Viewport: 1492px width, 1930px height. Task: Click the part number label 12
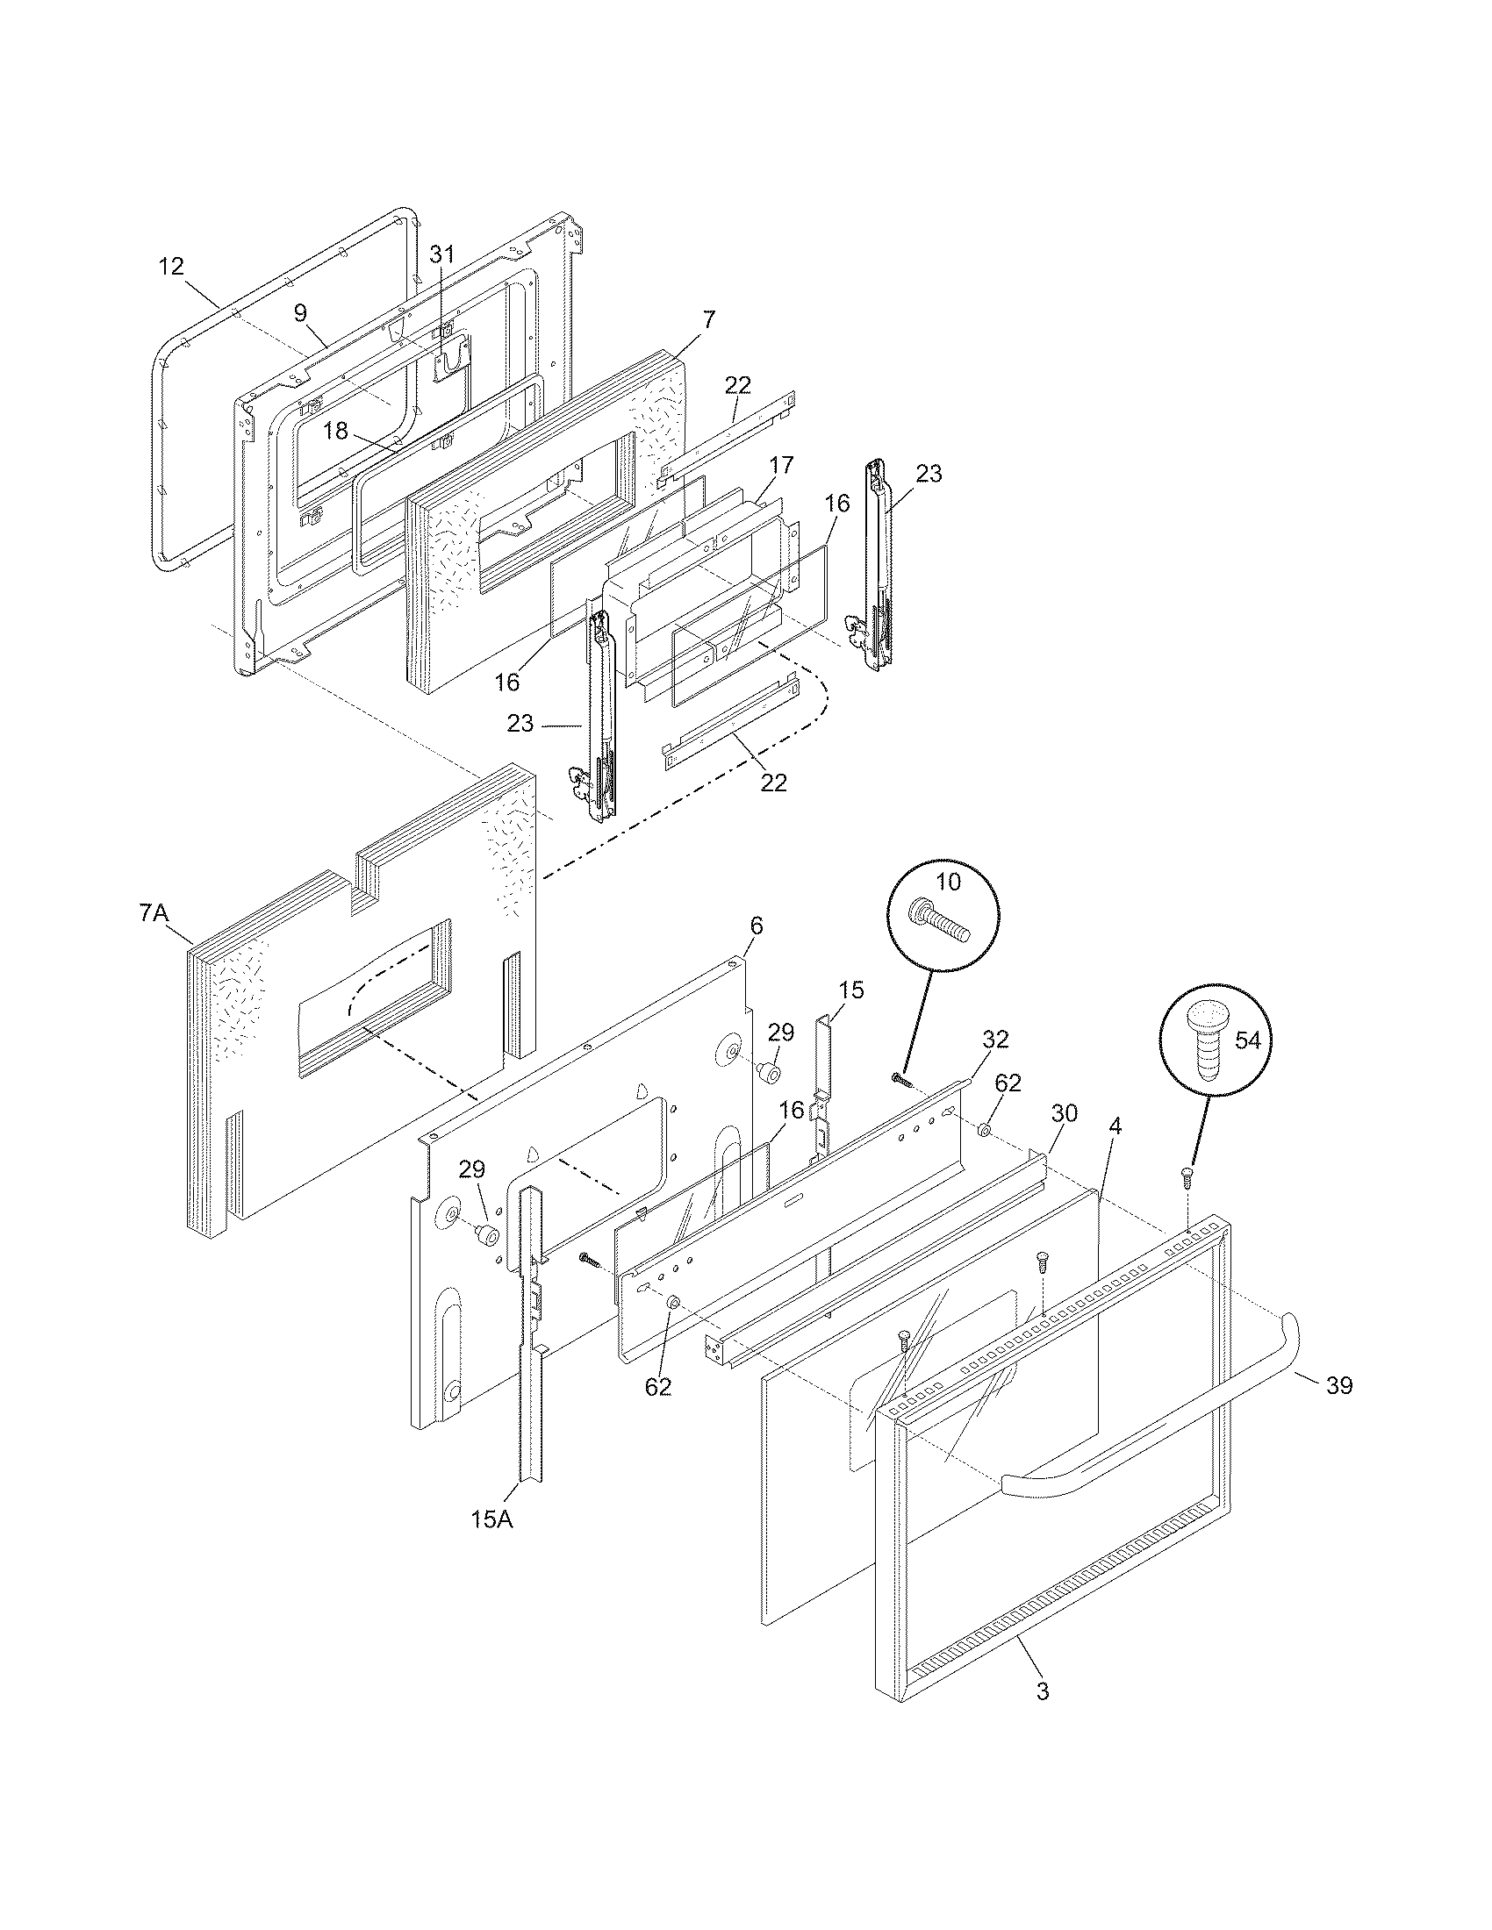tap(171, 265)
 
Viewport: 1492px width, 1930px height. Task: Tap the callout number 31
tap(441, 254)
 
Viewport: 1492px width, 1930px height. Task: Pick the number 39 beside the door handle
tap(1339, 1385)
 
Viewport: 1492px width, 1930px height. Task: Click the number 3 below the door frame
tap(1043, 1691)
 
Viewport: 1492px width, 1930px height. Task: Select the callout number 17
tap(781, 465)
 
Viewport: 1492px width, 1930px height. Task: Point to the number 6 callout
tap(756, 926)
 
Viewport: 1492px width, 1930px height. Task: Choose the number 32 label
tap(995, 1040)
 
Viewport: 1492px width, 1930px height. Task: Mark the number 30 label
tap(1065, 1113)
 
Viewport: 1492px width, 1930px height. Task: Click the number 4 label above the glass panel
tap(1115, 1126)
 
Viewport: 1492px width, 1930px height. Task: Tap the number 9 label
tap(300, 312)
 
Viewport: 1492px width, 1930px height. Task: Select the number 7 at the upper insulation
tap(709, 320)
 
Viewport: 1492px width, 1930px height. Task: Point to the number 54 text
tap(1247, 1041)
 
